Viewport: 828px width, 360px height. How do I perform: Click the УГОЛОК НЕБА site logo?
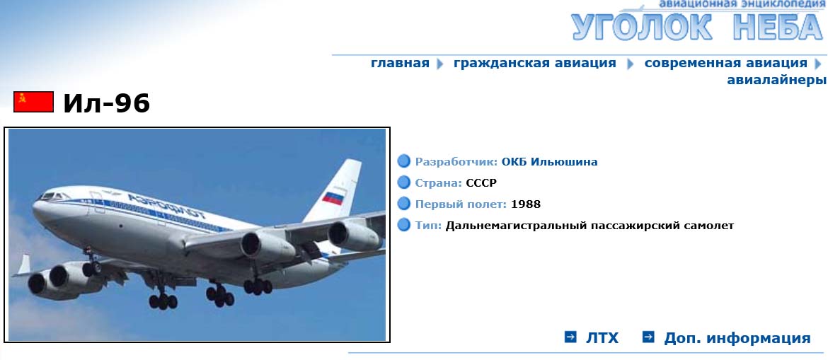coord(698,26)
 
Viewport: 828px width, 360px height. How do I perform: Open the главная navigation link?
coord(400,64)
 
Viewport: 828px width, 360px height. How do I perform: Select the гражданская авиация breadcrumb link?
coord(534,64)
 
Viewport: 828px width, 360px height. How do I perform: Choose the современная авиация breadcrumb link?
coord(725,64)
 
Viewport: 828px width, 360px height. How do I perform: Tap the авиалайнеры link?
coord(776,80)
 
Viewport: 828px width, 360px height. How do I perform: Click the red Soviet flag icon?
coord(34,102)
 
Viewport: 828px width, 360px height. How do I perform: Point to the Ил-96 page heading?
coord(107,103)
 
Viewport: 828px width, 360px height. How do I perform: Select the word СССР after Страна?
coord(481,183)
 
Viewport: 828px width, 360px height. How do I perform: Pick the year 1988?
coord(525,204)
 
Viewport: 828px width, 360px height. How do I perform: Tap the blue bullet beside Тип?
coord(404,226)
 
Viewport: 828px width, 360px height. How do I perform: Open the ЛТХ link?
coord(602,338)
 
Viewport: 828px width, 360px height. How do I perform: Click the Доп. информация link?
coord(737,338)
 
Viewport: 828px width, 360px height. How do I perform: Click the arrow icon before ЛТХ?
coord(570,337)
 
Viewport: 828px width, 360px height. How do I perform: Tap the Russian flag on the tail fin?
coord(333,198)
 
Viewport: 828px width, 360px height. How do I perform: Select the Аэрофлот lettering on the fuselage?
coord(167,207)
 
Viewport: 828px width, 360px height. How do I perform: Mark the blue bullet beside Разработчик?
coord(404,161)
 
